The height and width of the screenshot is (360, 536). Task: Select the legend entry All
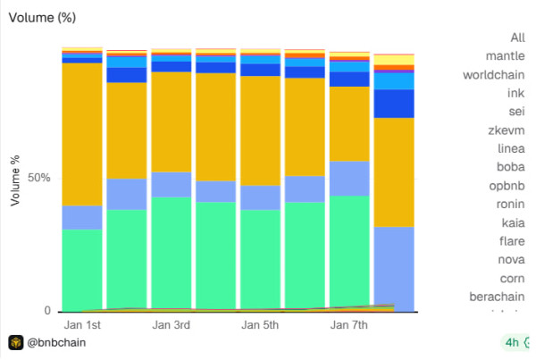(x=517, y=38)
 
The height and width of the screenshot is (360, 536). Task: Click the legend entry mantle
(x=505, y=55)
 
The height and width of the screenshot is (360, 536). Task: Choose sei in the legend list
(x=515, y=111)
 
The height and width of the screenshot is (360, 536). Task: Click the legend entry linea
(x=510, y=148)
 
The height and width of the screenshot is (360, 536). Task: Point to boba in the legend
(x=510, y=166)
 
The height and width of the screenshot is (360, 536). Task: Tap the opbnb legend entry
(x=506, y=185)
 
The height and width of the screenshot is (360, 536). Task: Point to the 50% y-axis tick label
(x=38, y=179)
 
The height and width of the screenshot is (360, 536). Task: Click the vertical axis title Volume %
(x=15, y=179)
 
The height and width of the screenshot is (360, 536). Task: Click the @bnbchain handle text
(x=57, y=342)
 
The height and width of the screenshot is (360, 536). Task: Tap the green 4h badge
(x=511, y=342)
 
